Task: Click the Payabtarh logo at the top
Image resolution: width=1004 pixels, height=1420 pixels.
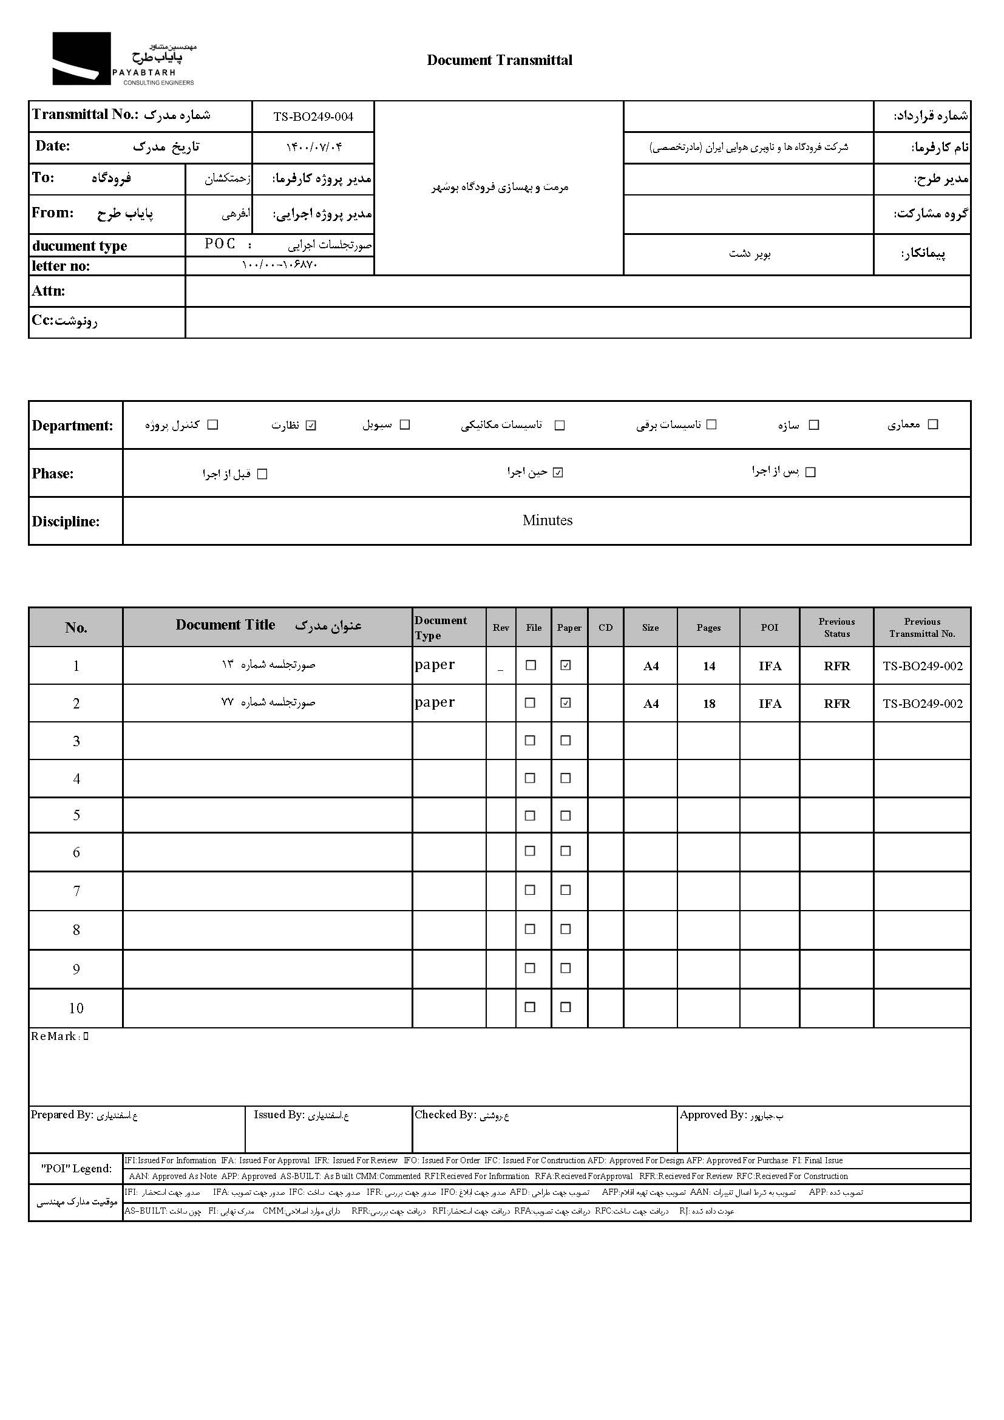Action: pyautogui.click(x=123, y=59)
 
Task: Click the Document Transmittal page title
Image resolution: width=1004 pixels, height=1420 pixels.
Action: pyautogui.click(x=500, y=60)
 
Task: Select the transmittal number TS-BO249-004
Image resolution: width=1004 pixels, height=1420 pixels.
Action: pyautogui.click(x=313, y=117)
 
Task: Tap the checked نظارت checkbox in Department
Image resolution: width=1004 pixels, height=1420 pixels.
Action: pyautogui.click(x=311, y=425)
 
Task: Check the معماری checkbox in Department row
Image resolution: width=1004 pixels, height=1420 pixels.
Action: pyautogui.click(x=934, y=424)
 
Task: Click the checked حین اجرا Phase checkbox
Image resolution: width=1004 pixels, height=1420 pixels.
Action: pyautogui.click(x=558, y=472)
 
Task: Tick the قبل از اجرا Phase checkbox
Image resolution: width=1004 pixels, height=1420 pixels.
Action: pyautogui.click(x=262, y=474)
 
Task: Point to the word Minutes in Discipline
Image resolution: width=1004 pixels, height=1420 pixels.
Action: pyautogui.click(x=547, y=520)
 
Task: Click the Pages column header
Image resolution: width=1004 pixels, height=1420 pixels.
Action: pyautogui.click(x=708, y=627)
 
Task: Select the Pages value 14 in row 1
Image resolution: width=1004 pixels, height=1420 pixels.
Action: pyautogui.click(x=709, y=666)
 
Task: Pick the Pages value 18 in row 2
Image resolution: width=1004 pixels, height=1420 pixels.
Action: pyautogui.click(x=709, y=704)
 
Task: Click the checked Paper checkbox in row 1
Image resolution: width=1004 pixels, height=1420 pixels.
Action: pyautogui.click(x=566, y=665)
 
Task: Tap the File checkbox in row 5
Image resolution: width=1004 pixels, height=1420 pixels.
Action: pyautogui.click(x=530, y=816)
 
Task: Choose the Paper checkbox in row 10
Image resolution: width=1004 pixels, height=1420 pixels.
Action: pyautogui.click(x=566, y=1007)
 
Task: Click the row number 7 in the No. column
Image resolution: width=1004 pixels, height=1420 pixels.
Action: pyautogui.click(x=76, y=891)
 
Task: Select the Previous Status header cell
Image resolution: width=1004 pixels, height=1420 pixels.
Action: pyautogui.click(x=836, y=627)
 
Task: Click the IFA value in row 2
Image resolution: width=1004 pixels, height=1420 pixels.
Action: pyautogui.click(x=770, y=704)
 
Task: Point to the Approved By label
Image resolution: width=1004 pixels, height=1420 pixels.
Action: pyautogui.click(x=713, y=1115)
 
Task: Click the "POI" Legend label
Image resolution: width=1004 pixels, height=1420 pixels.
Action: pyautogui.click(x=76, y=1168)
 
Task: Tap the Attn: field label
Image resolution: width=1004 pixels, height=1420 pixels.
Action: pyautogui.click(x=48, y=291)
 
